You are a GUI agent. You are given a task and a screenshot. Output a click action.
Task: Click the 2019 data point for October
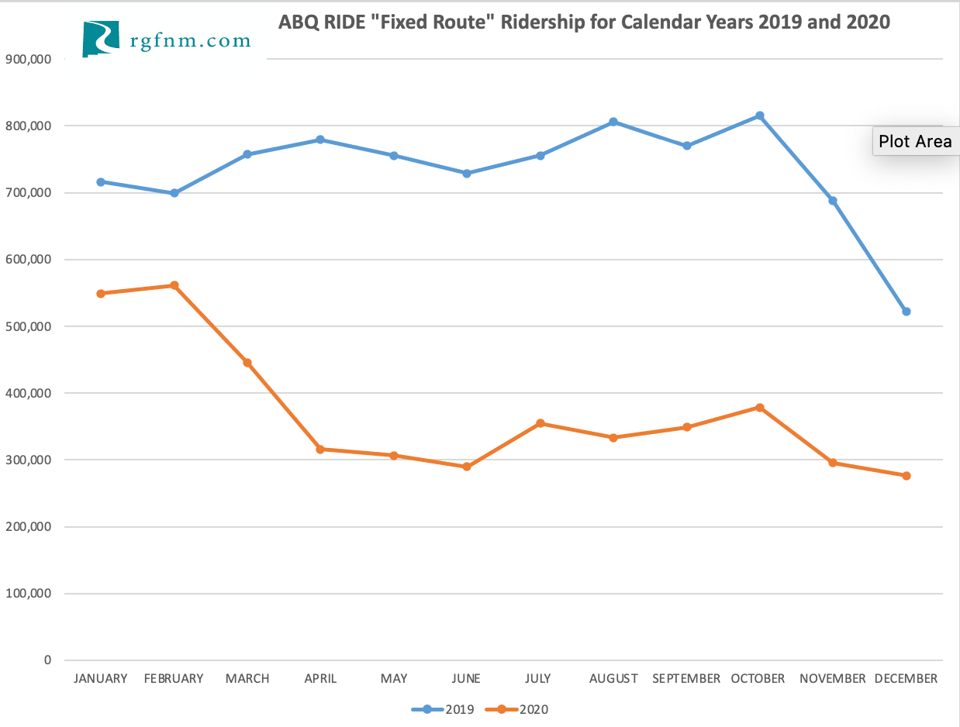coord(760,115)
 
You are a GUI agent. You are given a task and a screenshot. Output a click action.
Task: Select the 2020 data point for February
coord(174,285)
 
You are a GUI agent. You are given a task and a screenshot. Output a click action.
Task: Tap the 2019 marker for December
coord(906,312)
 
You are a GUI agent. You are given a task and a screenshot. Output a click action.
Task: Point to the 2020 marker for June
coord(467,467)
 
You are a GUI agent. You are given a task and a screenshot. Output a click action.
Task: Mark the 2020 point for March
coord(247,363)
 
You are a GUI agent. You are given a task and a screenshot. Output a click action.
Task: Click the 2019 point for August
coord(613,122)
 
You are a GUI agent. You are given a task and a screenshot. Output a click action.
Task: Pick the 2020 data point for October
coord(760,408)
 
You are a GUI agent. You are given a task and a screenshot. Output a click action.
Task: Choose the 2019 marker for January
coord(101,182)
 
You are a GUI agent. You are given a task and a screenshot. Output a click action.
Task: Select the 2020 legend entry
coord(516,709)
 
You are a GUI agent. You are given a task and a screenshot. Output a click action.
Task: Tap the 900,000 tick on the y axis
coord(28,59)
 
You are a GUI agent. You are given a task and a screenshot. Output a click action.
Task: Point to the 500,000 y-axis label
coord(28,326)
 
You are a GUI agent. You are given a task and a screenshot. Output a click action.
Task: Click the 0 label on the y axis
coord(47,660)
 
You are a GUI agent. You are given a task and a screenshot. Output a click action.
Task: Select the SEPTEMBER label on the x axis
coord(686,679)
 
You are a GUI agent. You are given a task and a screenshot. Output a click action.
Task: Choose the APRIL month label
coord(320,679)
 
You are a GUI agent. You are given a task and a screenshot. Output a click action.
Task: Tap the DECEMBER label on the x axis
coord(906,679)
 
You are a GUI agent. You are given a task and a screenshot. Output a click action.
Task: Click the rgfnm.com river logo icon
coord(101,39)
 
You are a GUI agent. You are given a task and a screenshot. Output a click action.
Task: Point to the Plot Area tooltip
coord(915,142)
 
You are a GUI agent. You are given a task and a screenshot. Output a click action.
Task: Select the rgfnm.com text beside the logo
coord(191,40)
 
